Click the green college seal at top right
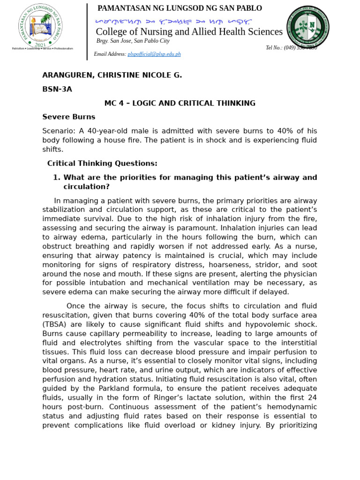pyautogui.click(x=307, y=27)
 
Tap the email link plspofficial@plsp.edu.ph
pyautogui.click(x=154, y=54)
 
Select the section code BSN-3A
pyautogui.click(x=57, y=89)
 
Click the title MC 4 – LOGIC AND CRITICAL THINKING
pyautogui.click(x=180, y=103)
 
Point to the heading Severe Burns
pyautogui.click(x=68, y=117)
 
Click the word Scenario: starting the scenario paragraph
pyautogui.click(x=59, y=131)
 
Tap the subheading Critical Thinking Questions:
pyautogui.click(x=102, y=164)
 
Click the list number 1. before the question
pyautogui.click(x=56, y=178)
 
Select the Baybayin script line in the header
pyautogui.click(x=173, y=22)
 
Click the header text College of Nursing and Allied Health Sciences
pyautogui.click(x=189, y=32)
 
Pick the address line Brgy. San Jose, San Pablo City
pyautogui.click(x=133, y=41)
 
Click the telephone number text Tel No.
pyautogui.click(x=274, y=48)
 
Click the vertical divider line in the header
pyautogui.click(x=87, y=32)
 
